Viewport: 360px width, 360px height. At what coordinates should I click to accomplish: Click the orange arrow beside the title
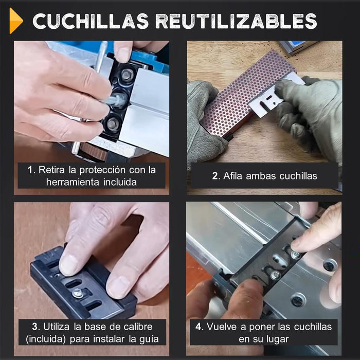coord(16,21)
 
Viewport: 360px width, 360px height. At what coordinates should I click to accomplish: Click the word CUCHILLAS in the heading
coord(91,21)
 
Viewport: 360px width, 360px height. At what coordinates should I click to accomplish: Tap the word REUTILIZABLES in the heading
coord(236,21)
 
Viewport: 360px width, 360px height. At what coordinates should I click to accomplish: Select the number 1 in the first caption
coord(30,170)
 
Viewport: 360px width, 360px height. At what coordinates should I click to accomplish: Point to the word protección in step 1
coord(103,170)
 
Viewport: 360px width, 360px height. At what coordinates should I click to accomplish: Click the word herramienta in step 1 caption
coord(73,182)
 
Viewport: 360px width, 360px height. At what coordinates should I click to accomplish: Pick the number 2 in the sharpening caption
coord(215,176)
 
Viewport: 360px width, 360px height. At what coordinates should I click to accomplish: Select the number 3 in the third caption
coord(34,327)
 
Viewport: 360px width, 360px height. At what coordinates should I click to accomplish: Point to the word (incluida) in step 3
coord(46,339)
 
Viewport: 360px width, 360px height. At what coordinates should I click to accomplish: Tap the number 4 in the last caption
coord(198,327)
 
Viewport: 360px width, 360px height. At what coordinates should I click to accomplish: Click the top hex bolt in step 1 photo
coord(126,75)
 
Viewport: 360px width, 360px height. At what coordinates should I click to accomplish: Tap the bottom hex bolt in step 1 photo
coord(113,124)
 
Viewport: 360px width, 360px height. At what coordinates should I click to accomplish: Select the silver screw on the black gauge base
coord(78,293)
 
